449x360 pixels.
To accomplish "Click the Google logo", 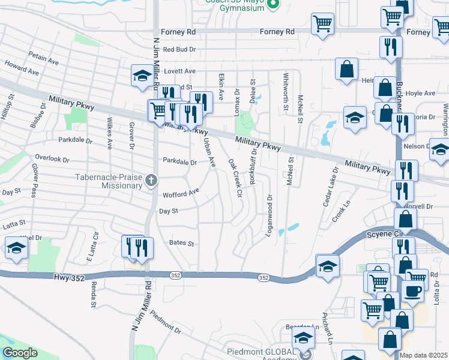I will coord(20,353).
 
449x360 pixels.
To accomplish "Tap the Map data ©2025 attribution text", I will coord(424,355).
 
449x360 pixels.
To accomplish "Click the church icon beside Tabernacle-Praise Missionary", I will coord(152,179).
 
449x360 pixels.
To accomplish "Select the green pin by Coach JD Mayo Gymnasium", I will coord(273,5).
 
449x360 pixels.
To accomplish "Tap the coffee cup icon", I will coord(412,291).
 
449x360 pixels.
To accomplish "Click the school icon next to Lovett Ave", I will coord(142,76).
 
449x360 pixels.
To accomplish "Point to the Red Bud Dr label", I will coord(179,50).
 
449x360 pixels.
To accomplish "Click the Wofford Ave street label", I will coord(181,194).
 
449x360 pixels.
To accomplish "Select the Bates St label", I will coord(182,244).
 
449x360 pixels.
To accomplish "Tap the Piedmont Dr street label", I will coord(165,323).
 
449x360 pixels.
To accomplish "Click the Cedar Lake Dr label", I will coord(331,187).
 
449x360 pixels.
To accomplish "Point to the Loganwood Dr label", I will coord(270,214).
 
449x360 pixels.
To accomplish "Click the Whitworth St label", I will coord(285,92).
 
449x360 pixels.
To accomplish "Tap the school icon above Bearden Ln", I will coord(304,339).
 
